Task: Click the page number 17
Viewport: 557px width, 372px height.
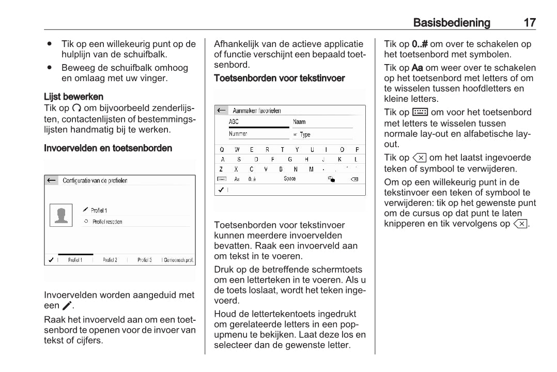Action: [x=530, y=23]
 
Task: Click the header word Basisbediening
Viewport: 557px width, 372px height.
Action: [x=452, y=23]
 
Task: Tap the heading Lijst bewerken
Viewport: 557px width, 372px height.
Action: [x=73, y=97]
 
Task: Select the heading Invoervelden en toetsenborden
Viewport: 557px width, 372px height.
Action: [x=108, y=148]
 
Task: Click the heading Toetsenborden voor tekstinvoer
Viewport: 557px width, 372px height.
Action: [x=279, y=78]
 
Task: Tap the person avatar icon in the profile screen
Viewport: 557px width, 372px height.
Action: [x=61, y=215]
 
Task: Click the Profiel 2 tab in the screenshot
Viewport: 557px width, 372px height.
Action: [x=110, y=260]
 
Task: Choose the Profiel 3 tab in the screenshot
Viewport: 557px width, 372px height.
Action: [x=144, y=260]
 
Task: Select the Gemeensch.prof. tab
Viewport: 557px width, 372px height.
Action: [x=178, y=260]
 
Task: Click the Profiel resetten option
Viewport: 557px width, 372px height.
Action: [x=107, y=222]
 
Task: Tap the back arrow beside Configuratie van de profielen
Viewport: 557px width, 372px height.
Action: [x=51, y=181]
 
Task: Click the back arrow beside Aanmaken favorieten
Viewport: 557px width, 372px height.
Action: [x=221, y=111]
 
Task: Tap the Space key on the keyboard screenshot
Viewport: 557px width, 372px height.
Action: [x=290, y=179]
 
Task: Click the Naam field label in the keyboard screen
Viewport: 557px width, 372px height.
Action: [x=299, y=122]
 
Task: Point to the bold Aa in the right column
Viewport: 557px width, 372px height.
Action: [x=418, y=68]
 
